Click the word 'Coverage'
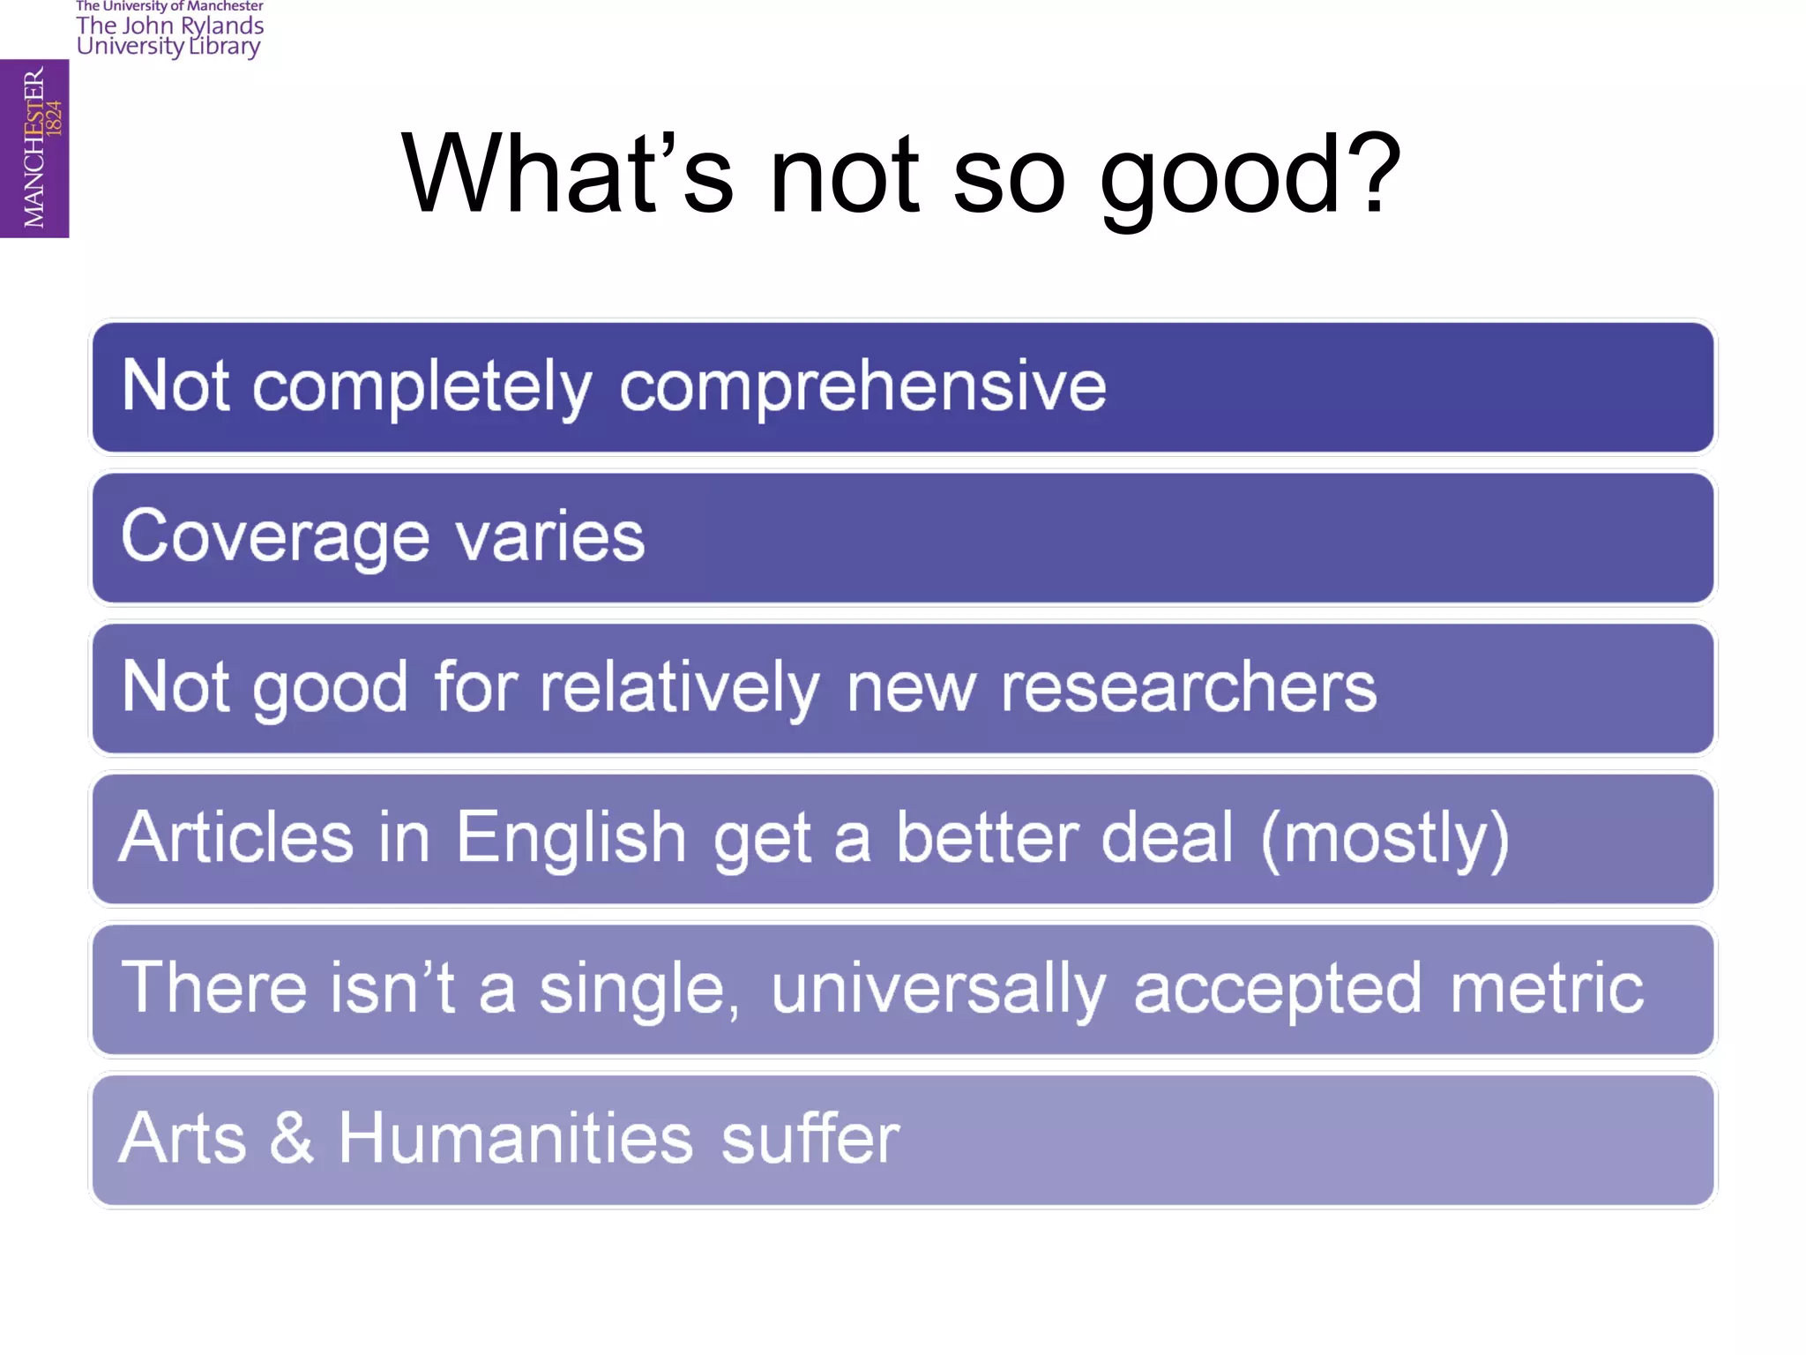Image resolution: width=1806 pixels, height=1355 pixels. [275, 537]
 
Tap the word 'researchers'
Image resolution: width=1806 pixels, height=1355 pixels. [1188, 687]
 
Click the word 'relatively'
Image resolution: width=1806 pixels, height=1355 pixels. [679, 687]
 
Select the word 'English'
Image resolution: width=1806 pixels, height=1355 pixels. [571, 839]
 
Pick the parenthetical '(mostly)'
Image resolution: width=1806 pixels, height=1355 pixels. [1385, 839]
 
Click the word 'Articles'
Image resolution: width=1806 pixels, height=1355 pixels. [236, 837]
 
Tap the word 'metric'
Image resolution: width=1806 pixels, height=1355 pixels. [1547, 988]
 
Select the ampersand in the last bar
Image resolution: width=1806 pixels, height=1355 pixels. [292, 1138]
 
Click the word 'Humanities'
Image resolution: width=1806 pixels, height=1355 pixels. [516, 1138]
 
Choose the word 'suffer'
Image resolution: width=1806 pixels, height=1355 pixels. [810, 1138]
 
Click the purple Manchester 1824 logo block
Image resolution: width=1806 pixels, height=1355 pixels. [34, 148]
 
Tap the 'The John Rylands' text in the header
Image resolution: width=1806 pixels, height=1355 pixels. [170, 26]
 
